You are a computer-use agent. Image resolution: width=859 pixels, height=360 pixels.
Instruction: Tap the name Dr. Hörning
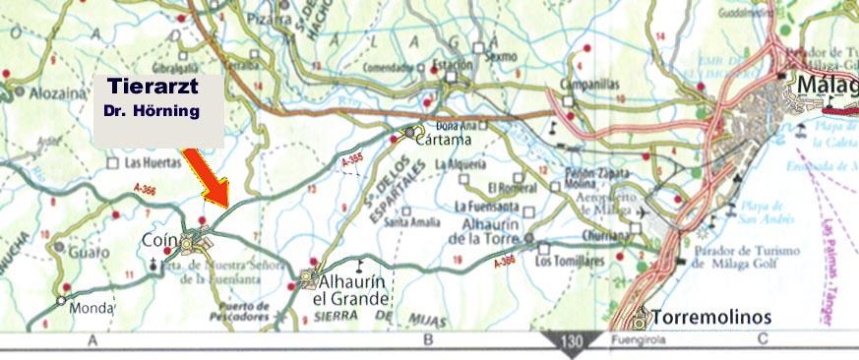click(153, 111)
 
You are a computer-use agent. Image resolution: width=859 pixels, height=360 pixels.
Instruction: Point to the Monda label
click(92, 307)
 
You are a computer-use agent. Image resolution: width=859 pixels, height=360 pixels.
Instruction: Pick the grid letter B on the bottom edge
click(427, 341)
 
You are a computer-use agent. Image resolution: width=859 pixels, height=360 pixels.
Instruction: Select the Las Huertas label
click(148, 161)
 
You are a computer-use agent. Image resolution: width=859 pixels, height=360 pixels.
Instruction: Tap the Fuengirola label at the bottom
click(630, 341)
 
